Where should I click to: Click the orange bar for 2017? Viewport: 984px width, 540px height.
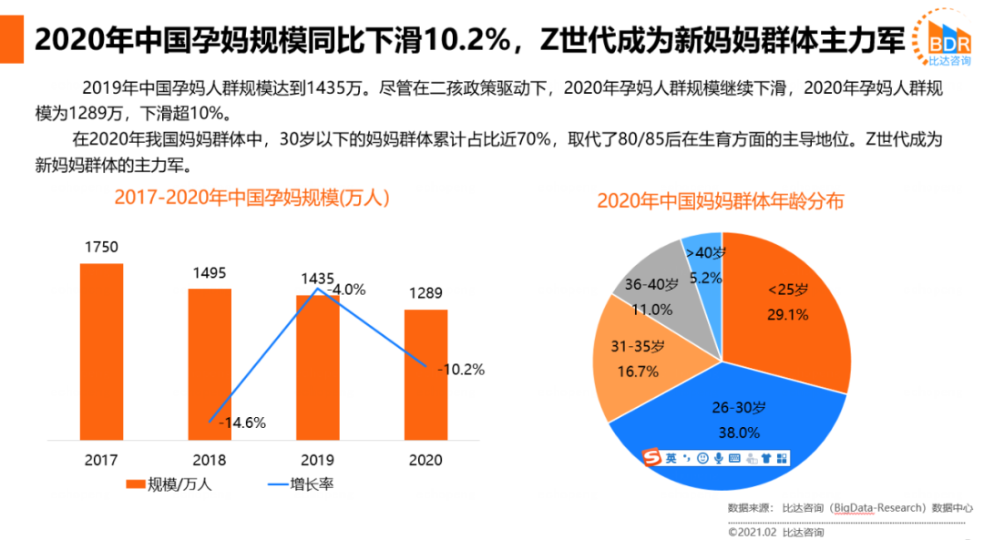(101, 351)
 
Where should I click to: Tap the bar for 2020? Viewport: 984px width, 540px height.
(425, 373)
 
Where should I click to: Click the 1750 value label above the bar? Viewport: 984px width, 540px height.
(101, 248)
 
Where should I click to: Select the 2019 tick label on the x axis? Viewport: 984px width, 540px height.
(317, 460)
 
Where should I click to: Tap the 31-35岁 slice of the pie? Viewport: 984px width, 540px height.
(629, 360)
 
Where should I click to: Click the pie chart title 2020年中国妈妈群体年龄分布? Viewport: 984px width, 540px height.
(720, 201)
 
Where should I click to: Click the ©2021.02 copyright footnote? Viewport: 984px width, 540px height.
(774, 532)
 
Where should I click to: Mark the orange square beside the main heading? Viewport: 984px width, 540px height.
(12, 40)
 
